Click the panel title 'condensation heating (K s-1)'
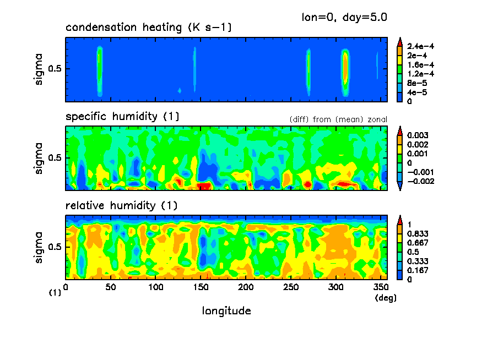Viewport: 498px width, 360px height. [141, 28]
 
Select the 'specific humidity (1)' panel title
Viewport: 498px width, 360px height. [122, 117]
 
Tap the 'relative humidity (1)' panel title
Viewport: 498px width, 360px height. [121, 206]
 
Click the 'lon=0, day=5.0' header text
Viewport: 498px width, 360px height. [344, 17]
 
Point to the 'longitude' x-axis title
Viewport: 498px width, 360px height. [226, 311]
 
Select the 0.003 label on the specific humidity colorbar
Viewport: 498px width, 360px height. [417, 135]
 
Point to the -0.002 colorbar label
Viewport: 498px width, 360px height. [419, 181]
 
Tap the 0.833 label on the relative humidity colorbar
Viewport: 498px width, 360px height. [417, 233]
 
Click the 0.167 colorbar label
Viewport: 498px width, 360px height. [417, 270]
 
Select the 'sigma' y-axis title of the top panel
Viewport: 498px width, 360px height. [38, 69]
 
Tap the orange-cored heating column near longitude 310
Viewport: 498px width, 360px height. [345, 67]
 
